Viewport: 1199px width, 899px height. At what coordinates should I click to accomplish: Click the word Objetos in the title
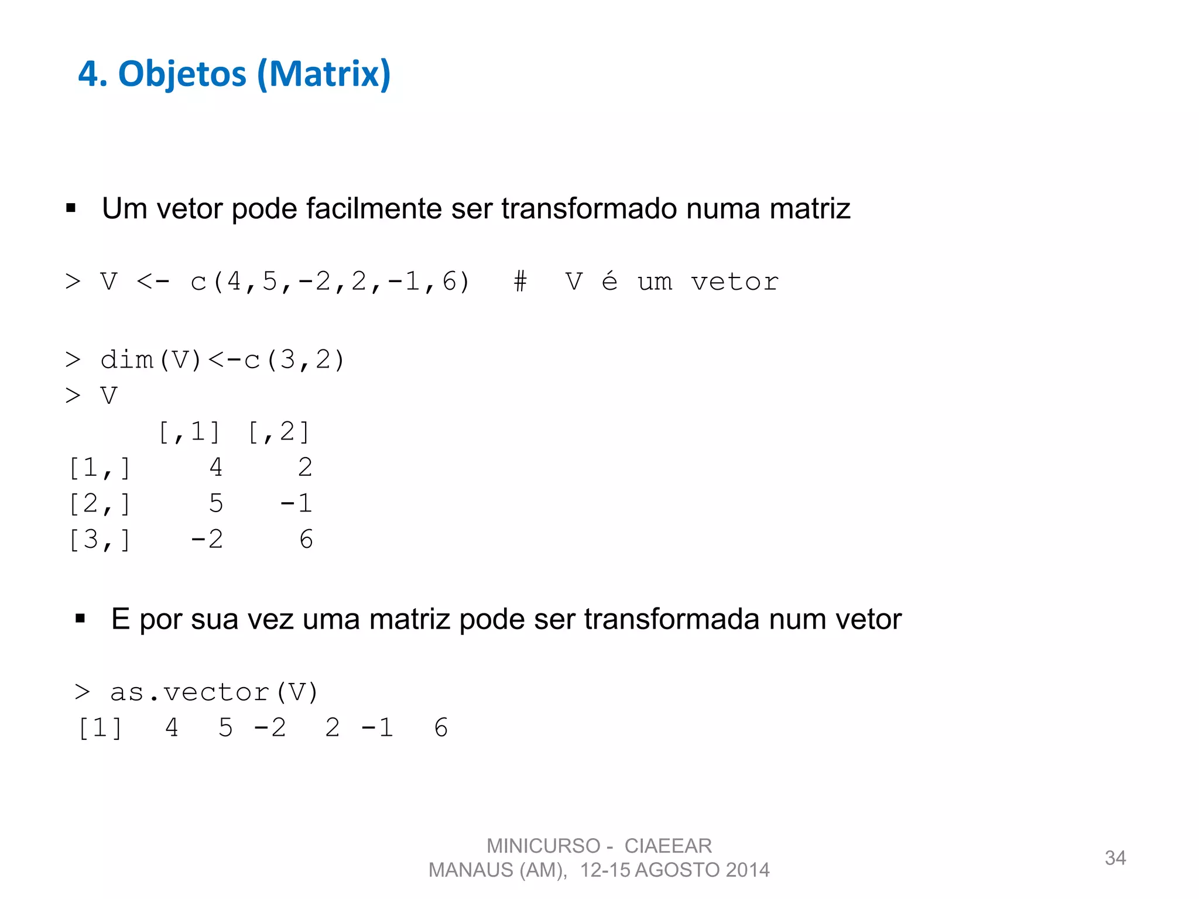coord(182,74)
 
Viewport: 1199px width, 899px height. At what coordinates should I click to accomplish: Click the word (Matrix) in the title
coord(324,74)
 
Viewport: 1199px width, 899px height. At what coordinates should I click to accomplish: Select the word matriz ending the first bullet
coord(809,208)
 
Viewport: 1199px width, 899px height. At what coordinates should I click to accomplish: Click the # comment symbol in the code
coord(520,282)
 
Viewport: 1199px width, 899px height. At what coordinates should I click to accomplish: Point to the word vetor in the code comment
coord(735,282)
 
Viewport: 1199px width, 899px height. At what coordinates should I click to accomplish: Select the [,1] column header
coord(189,432)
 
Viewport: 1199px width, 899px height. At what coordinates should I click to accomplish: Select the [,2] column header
coord(279,432)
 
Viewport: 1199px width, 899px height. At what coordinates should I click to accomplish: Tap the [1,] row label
coord(99,468)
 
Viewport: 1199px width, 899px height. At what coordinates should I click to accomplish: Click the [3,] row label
coord(99,540)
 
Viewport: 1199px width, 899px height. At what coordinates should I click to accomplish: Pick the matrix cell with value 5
coord(216,503)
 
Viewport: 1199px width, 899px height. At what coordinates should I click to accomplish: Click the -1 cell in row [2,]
coord(296,503)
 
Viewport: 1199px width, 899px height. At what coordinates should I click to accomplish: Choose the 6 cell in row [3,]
coord(306,540)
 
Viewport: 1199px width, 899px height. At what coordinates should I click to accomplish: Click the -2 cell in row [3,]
coord(207,540)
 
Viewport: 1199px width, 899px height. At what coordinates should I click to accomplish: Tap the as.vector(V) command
coord(214,692)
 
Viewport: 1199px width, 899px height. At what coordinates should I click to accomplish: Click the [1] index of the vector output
coord(100,728)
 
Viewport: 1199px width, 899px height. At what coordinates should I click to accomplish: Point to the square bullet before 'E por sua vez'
coord(80,619)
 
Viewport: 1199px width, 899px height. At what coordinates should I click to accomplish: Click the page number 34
coord(1115,858)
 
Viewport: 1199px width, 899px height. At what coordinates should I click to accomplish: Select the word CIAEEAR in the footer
coord(668,846)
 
